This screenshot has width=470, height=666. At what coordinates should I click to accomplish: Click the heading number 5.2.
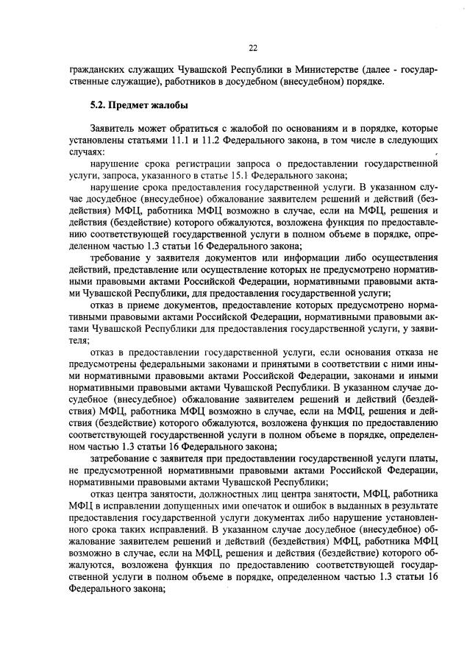99,104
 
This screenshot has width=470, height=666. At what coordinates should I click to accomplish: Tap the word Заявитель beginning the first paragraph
111,127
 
